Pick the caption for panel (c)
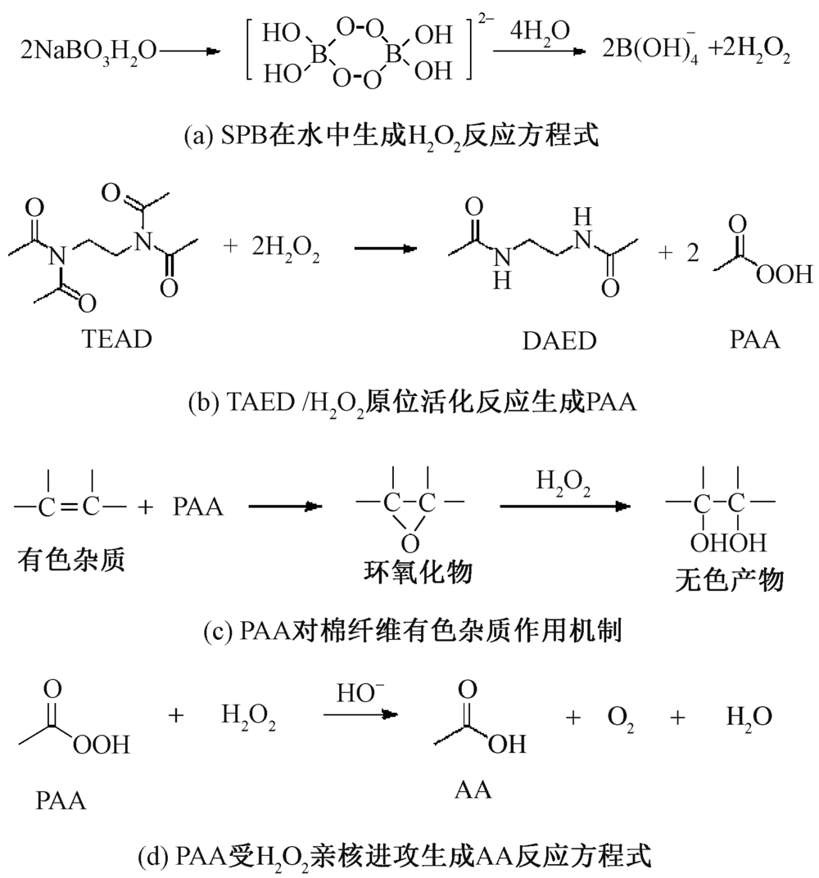click(411, 631)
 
